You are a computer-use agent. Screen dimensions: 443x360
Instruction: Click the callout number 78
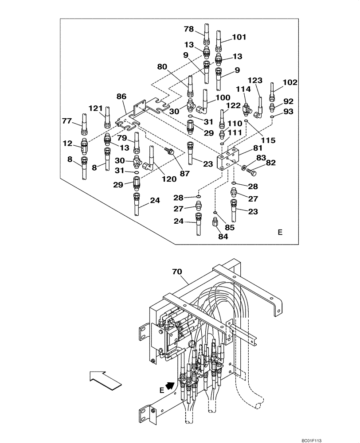(189, 29)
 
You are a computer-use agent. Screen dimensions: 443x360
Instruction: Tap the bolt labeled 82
(253, 170)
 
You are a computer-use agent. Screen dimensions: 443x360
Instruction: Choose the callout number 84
(223, 237)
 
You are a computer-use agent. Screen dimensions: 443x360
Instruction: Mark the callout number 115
(268, 140)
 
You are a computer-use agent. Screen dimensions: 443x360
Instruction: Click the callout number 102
(290, 82)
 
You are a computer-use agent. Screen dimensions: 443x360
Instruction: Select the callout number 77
(67, 120)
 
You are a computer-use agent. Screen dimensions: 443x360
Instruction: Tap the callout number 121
(95, 109)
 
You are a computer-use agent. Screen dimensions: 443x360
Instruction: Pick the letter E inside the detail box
(280, 232)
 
